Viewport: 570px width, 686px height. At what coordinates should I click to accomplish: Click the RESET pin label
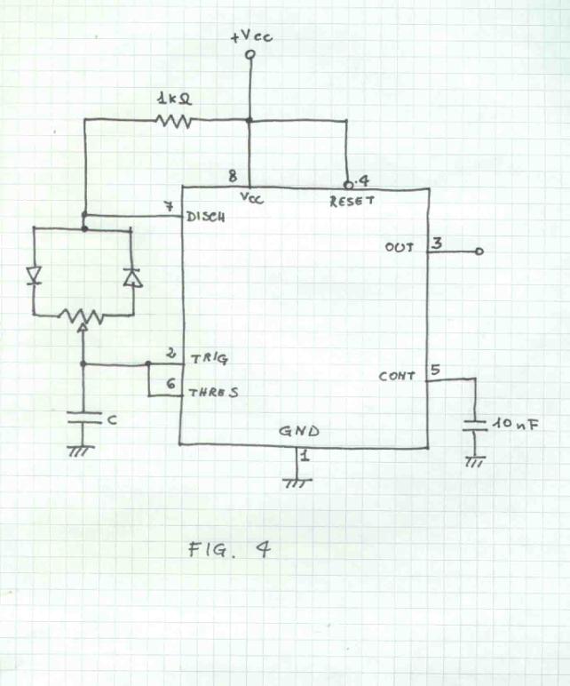click(352, 202)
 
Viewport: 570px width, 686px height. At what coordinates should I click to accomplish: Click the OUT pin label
click(400, 247)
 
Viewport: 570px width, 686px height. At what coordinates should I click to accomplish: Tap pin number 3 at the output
click(436, 242)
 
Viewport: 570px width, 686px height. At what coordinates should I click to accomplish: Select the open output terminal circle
click(479, 251)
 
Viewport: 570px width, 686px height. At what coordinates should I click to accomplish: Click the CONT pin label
click(397, 376)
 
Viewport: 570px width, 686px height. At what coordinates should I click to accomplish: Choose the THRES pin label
click(212, 391)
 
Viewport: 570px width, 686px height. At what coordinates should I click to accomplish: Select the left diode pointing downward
click(35, 276)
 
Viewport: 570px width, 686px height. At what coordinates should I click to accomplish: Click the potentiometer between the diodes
click(83, 315)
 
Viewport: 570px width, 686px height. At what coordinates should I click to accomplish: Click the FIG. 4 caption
click(229, 549)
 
